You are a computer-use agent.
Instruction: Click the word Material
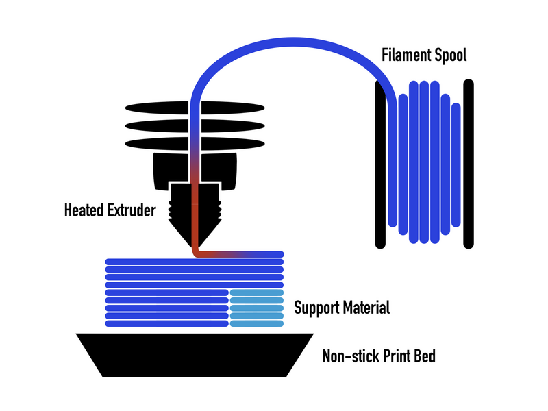coord(366,308)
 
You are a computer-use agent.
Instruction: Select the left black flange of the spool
coord(380,164)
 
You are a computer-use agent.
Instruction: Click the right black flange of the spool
coord(469,164)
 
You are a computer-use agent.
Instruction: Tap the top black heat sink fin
coord(158,108)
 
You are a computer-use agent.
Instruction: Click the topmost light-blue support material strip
coord(256,293)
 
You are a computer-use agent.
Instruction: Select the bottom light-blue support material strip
coord(256,323)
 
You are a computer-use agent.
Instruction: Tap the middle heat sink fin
coord(158,126)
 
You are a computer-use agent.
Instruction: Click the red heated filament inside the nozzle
coord(195,212)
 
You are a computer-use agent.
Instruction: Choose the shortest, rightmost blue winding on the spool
coord(455,164)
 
